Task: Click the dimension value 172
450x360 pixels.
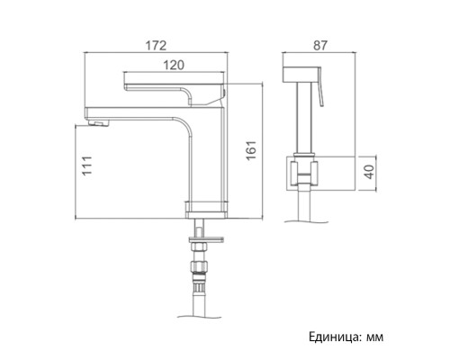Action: pos(156,46)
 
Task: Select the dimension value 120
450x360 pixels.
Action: pos(174,65)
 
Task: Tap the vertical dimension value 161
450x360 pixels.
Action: pos(251,150)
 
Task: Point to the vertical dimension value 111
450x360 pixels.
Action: pos(87,166)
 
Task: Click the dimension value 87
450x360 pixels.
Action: pos(320,46)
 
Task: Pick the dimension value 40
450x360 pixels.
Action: pos(371,172)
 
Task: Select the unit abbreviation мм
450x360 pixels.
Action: pos(374,337)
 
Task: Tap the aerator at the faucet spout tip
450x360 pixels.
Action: pos(99,123)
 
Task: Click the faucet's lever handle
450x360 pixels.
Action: pos(174,90)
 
